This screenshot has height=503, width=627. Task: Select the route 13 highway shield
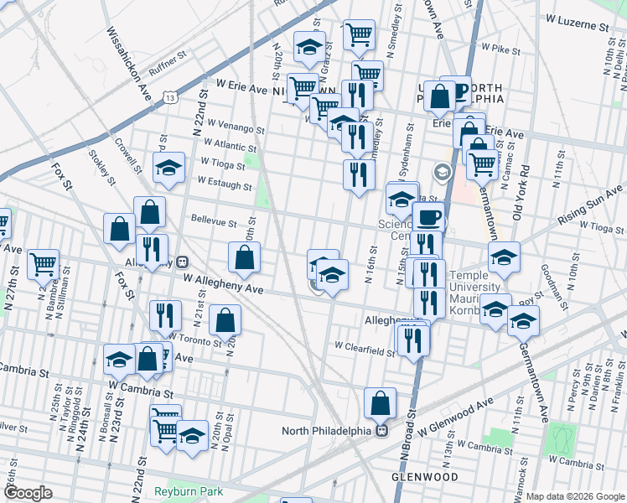pos(171,98)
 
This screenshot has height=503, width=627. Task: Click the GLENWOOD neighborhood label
pos(425,477)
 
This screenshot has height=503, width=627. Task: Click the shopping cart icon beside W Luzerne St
pos(359,34)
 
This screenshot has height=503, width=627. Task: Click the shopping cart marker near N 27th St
pos(44,264)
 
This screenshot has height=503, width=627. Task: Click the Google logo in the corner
pos(28,493)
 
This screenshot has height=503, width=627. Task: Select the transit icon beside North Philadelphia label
pos(381,431)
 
